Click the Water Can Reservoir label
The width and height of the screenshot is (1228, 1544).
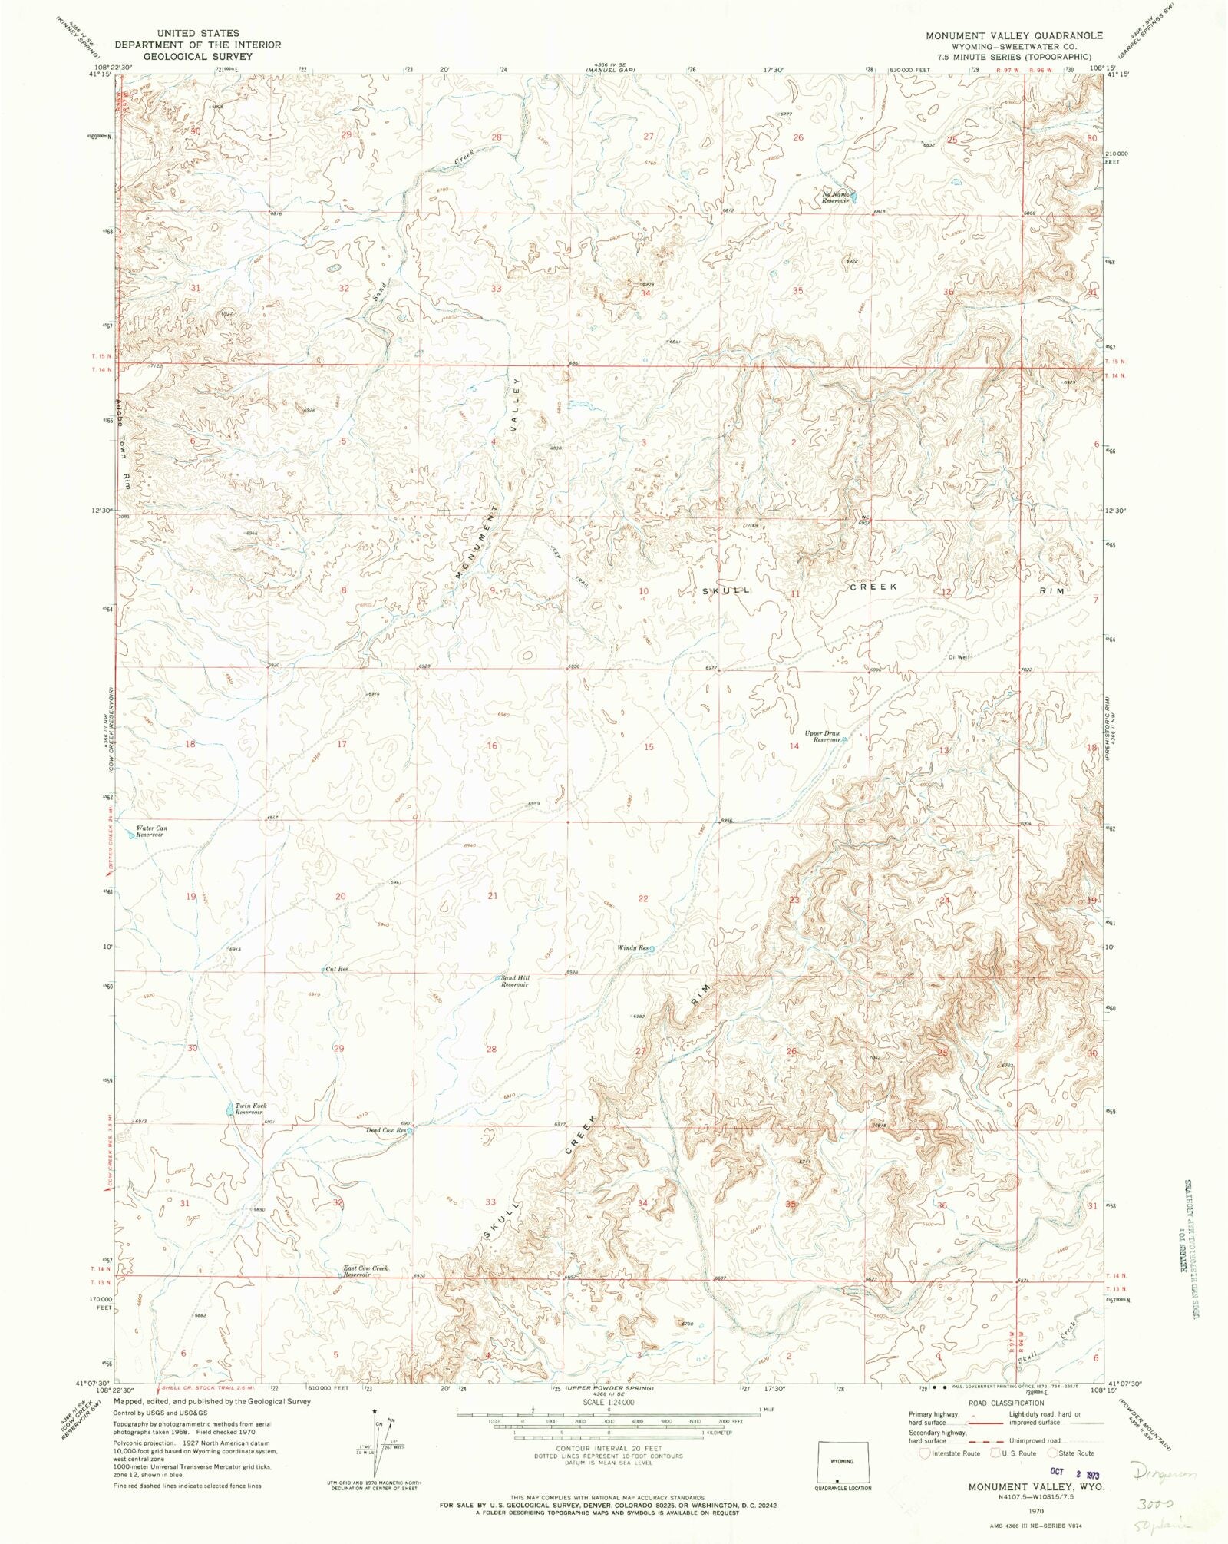point(150,832)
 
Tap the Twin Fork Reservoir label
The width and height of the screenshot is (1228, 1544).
point(249,1109)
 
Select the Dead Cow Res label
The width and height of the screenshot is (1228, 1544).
point(385,1130)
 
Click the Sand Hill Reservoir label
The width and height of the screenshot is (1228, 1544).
point(515,981)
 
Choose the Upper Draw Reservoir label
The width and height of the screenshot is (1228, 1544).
point(821,736)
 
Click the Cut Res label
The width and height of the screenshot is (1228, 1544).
point(337,969)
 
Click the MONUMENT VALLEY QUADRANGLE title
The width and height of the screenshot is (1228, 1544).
point(1013,35)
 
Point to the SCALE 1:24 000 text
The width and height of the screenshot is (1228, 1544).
point(608,1401)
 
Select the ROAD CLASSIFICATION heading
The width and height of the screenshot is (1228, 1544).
point(1005,1403)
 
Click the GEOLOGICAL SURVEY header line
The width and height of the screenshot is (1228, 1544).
point(198,56)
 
